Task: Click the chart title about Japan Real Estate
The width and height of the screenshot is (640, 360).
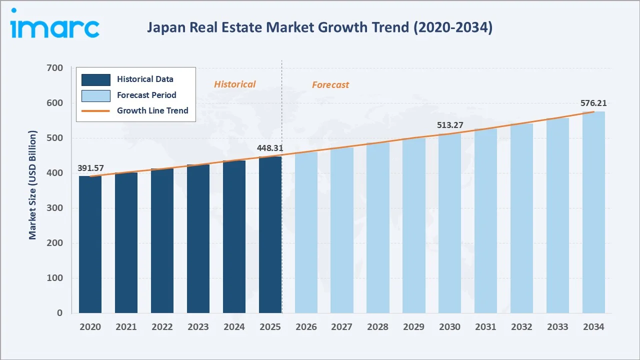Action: coord(319,27)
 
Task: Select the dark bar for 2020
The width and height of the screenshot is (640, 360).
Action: coord(90,244)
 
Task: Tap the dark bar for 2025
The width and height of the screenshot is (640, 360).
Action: coord(270,234)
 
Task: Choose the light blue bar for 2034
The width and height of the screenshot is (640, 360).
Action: coord(593,212)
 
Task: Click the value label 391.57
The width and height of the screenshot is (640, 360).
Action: coord(90,168)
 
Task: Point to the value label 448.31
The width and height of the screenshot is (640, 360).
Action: coord(270,148)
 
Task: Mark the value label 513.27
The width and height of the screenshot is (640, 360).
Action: coord(450,125)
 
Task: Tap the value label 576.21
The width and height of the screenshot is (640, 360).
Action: coord(593,103)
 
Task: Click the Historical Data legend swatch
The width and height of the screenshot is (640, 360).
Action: coord(96,79)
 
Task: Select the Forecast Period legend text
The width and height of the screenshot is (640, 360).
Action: coord(146,95)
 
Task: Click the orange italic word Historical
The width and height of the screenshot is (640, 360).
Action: coord(234,84)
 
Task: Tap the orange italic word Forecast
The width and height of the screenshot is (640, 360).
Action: coord(330,85)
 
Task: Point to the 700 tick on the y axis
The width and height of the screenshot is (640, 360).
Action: coord(55,68)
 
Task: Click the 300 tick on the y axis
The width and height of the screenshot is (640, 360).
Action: coord(55,208)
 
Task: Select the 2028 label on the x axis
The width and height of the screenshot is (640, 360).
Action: coord(377,327)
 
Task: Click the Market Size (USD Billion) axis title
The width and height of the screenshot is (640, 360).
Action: coord(33,185)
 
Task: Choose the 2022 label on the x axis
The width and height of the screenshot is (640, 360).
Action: coord(162,327)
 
